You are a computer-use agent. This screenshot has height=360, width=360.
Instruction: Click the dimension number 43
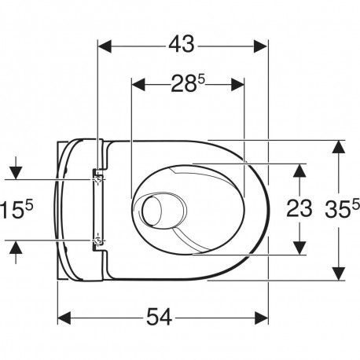pos(182,44)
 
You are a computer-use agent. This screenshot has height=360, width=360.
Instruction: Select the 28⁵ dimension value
pos(187,83)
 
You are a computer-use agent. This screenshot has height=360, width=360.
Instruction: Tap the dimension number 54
pos(159,317)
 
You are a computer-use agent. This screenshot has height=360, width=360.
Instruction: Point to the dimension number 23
pos(299,208)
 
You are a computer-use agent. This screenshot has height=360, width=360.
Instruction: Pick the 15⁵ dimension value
pos(17,209)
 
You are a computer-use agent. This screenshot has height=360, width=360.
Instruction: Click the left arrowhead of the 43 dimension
pos(105,46)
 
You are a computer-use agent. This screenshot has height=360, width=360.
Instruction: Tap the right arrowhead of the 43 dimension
pos(261,46)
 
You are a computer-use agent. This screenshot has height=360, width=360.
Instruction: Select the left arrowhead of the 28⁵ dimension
pos(138,85)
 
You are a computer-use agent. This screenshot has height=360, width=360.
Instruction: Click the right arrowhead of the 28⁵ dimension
pos(237,85)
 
